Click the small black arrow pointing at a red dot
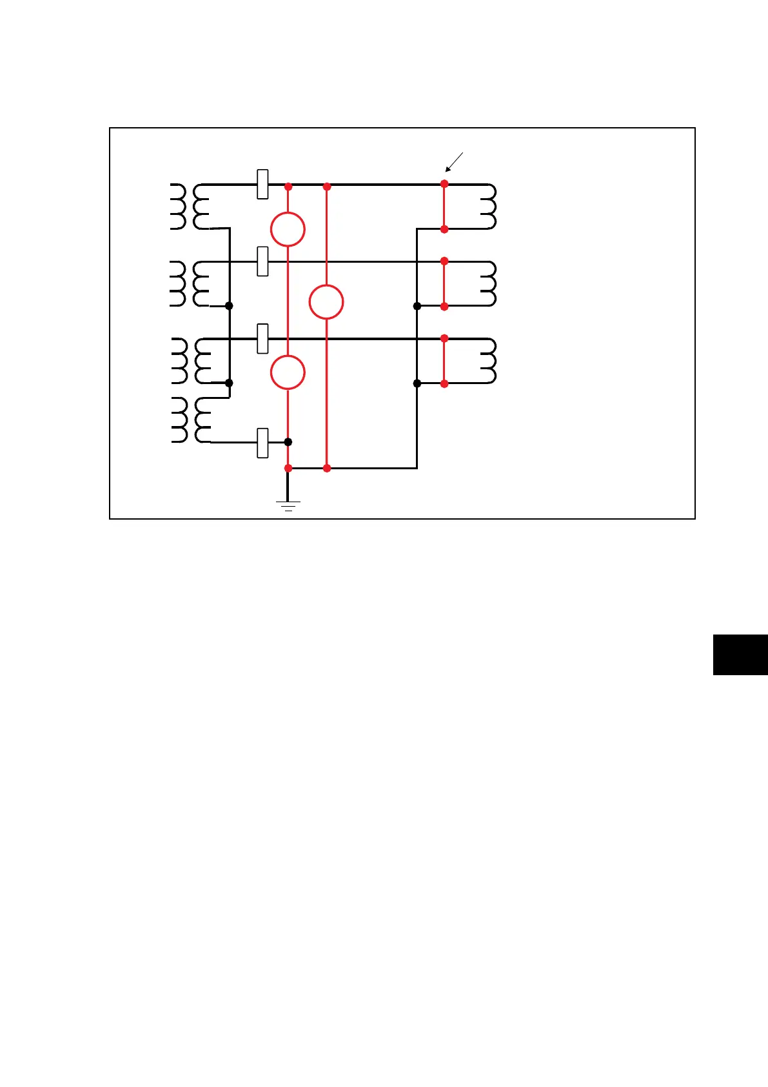(454, 162)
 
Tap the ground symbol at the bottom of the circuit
(288, 505)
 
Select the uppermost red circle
(288, 229)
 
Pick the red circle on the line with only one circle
(326, 302)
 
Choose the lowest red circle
(288, 372)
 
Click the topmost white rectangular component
(262, 184)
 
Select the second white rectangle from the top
(262, 261)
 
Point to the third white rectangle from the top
(262, 339)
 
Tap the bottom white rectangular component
(262, 443)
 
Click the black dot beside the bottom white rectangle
(288, 442)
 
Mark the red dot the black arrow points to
(444, 184)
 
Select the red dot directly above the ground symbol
(288, 468)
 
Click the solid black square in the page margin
(740, 655)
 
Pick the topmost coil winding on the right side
(488, 207)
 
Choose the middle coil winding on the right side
(488, 283)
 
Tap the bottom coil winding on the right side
(488, 361)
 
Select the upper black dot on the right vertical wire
(417, 306)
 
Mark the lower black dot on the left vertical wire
(229, 383)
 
